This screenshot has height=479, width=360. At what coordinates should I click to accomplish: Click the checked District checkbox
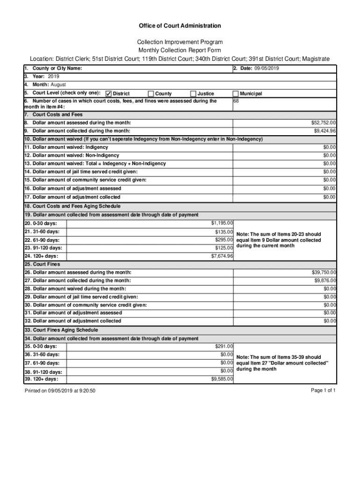[x=108, y=94]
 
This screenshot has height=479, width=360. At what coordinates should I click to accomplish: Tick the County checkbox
[x=151, y=94]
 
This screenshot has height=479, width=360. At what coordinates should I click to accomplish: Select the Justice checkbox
[x=193, y=94]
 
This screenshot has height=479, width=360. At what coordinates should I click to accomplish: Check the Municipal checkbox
[x=235, y=94]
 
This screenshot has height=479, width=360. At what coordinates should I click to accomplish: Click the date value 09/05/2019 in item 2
[x=266, y=69]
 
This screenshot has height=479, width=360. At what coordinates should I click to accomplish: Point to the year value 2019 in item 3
[x=53, y=76]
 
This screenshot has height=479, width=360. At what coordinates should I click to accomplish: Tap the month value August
[x=58, y=85]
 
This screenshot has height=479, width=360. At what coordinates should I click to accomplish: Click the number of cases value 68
[x=236, y=101]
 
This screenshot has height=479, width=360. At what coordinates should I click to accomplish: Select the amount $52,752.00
[x=324, y=123]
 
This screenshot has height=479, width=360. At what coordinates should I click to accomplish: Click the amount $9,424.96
[x=325, y=131]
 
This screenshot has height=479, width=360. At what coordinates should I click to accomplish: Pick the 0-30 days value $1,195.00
[x=222, y=223]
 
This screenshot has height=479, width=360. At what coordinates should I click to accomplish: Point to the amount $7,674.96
[x=222, y=256]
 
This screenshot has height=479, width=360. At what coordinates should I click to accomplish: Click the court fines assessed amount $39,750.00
[x=324, y=272]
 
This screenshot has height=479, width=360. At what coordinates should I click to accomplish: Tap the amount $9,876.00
[x=325, y=281]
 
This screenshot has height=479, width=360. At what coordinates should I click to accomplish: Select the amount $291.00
[x=224, y=346]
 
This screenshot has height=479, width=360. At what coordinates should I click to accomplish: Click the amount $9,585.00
[x=222, y=379]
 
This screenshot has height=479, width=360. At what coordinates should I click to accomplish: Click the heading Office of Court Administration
[x=180, y=26]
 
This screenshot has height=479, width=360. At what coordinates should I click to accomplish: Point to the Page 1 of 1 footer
[x=323, y=390]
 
